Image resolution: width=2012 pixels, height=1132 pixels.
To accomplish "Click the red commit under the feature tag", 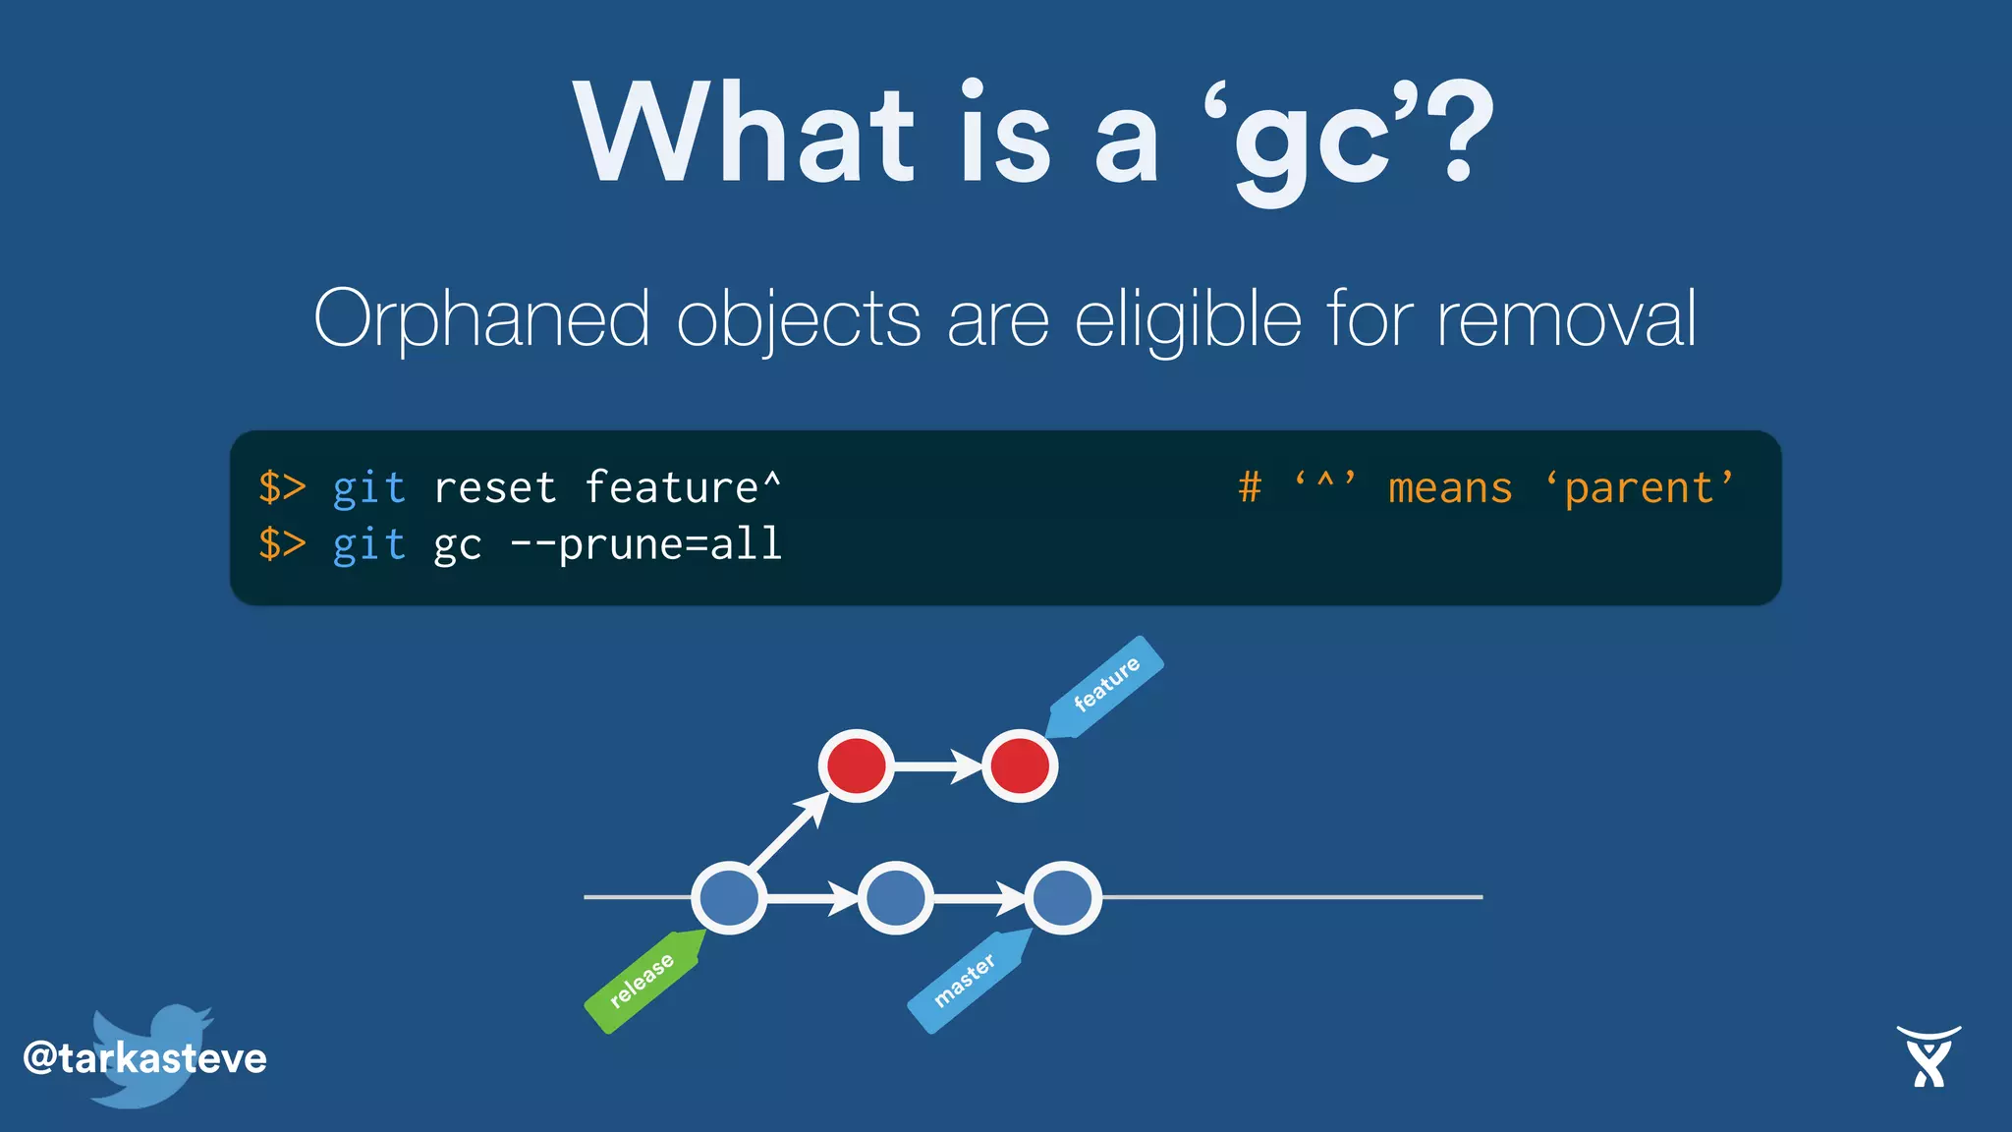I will pyautogui.click(x=1020, y=765).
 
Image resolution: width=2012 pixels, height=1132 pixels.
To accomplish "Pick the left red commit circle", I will pyautogui.click(x=856, y=765).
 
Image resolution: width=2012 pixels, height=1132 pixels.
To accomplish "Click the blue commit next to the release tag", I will pyautogui.click(x=729, y=897).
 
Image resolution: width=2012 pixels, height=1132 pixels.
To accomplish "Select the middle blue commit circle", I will pyautogui.click(x=895, y=897).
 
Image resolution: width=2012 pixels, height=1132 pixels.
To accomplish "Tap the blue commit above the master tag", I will pyautogui.click(x=1062, y=897).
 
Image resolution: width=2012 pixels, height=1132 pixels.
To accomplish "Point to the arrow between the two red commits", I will pyautogui.click(x=937, y=765).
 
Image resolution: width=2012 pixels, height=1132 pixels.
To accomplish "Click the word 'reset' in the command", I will pyautogui.click(x=495, y=488).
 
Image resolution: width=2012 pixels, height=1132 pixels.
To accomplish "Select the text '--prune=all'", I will pyautogui.click(x=645, y=544).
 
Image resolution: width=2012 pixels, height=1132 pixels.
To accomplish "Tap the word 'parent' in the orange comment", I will pyautogui.click(x=1638, y=488).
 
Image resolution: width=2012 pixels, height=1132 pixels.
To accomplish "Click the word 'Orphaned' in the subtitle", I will pyautogui.click(x=481, y=319).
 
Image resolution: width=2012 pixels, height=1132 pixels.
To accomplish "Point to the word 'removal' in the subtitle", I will pyautogui.click(x=1566, y=319).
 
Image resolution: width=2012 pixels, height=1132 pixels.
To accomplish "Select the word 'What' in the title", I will pyautogui.click(x=745, y=133).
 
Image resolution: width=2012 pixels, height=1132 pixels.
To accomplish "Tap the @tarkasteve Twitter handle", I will pyautogui.click(x=145, y=1058).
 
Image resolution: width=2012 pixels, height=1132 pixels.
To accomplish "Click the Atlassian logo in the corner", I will pyautogui.click(x=1928, y=1057).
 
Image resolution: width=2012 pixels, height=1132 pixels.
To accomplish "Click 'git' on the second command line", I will pyautogui.click(x=368, y=544).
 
